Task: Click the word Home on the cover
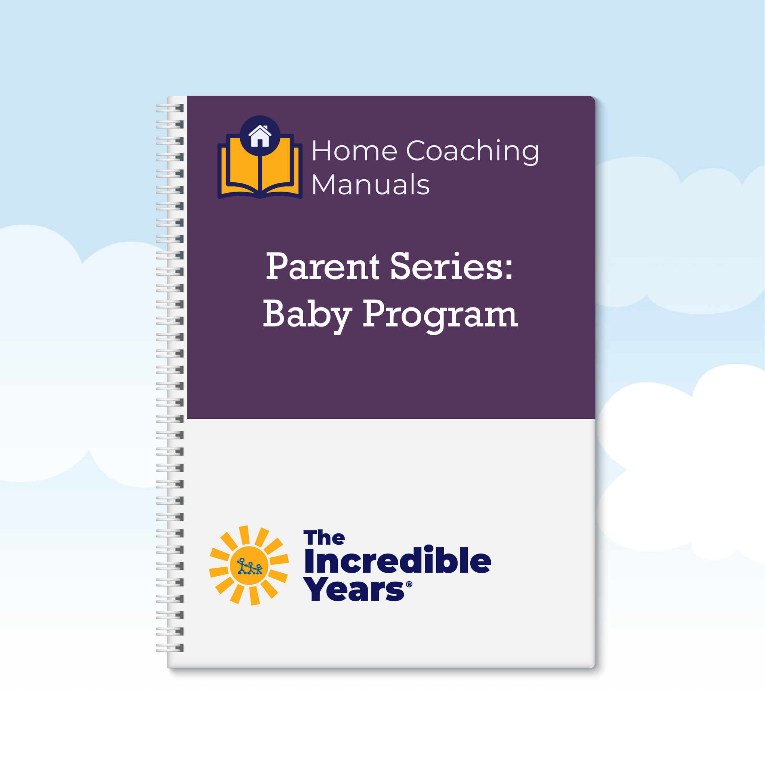point(354,151)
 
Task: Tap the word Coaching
point(473,152)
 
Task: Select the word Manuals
point(371,185)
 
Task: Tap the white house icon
point(260,136)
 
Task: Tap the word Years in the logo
point(354,589)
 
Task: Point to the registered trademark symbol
point(409,584)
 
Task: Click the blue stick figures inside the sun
point(250,566)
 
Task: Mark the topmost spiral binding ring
point(170,108)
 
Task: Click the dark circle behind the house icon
point(260,136)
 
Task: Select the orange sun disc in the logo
point(249,566)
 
